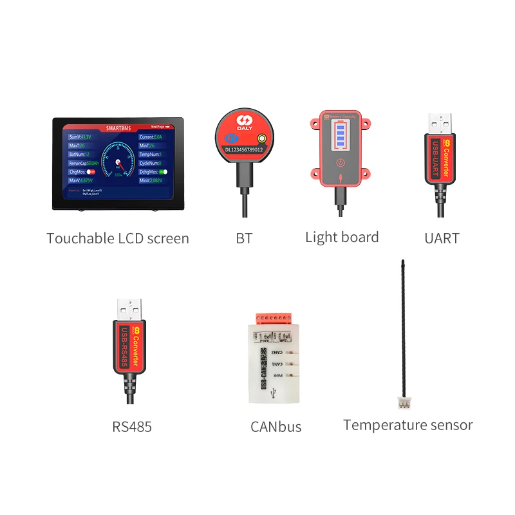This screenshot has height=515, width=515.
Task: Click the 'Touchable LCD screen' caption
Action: [118, 238]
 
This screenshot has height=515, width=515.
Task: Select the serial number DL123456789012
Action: [244, 149]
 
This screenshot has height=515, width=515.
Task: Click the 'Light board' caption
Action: [342, 237]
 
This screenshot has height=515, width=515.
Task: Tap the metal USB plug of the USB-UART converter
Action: [440, 123]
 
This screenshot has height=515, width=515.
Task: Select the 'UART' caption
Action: [442, 238]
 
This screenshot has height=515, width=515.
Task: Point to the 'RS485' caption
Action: [131, 426]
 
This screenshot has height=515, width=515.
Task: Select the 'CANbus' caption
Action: [276, 426]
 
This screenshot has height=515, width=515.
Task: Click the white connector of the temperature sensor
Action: [404, 404]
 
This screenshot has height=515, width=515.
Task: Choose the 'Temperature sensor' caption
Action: [407, 425]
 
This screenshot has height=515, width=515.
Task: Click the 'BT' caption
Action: [244, 238]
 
